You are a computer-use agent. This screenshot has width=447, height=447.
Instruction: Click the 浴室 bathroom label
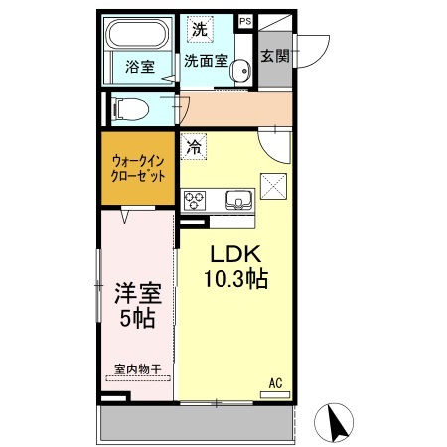coord(139,67)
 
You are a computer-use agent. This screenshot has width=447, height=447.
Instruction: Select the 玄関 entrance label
coord(275,56)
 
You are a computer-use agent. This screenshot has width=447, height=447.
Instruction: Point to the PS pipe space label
coord(245,19)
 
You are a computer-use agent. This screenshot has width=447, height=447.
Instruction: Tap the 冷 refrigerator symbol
coord(193,146)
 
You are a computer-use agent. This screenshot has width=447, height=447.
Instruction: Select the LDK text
coord(232,254)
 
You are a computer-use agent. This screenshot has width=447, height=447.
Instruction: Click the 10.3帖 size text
coord(232,280)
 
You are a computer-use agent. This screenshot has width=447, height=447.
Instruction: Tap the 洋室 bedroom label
coord(137,294)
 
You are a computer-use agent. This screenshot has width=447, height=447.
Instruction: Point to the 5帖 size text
coord(137,320)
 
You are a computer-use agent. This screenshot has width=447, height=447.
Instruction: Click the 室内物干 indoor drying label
coord(138,370)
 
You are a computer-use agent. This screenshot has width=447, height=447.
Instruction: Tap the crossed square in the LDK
coord(273,185)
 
